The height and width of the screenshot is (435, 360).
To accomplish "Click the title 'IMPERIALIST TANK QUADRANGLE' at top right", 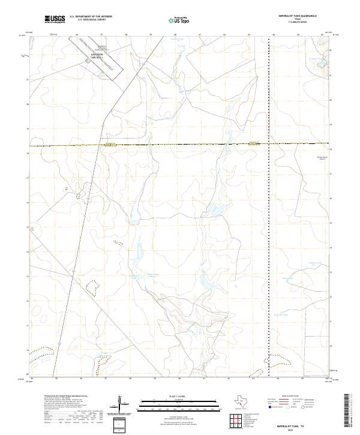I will (x=298, y=16).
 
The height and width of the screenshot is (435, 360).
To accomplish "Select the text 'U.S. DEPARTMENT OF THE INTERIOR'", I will (x=91, y=16).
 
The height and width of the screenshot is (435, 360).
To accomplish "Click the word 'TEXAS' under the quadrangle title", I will (x=298, y=19).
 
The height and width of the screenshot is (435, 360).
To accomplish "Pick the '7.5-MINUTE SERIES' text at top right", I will (x=298, y=23).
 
